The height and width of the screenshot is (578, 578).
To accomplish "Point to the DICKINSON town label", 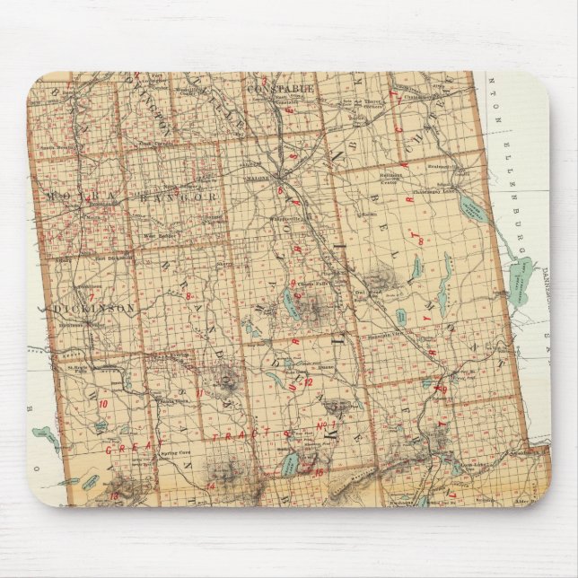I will [x=94, y=308].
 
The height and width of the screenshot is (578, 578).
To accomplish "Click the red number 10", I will [x=104, y=404].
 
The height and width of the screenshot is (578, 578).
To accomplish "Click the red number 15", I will [x=318, y=471].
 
